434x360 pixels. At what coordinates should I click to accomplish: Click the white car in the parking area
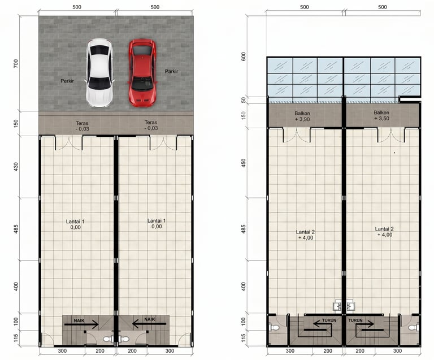pyautogui.click(x=99, y=73)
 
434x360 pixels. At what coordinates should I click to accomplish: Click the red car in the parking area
pyautogui.click(x=142, y=73)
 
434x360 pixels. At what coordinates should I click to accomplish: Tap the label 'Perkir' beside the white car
pyautogui.click(x=67, y=81)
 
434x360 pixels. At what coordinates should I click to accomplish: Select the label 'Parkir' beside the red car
pyautogui.click(x=171, y=71)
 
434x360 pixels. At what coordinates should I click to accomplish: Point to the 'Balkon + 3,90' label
pyautogui.click(x=302, y=116)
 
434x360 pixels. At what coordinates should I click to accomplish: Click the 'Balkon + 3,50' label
pyautogui.click(x=381, y=115)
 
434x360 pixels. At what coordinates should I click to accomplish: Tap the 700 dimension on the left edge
pyautogui.click(x=16, y=63)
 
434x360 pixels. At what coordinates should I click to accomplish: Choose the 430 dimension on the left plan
pyautogui.click(x=16, y=167)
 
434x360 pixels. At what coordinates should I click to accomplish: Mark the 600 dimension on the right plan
pyautogui.click(x=244, y=57)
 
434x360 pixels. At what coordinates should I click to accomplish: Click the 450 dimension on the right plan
pyautogui.click(x=244, y=163)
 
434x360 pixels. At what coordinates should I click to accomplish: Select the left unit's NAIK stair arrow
pyautogui.click(x=81, y=324)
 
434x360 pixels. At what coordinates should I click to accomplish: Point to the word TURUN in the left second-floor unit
pyautogui.click(x=329, y=320)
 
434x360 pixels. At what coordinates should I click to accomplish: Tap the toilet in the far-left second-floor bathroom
pyautogui.click(x=275, y=328)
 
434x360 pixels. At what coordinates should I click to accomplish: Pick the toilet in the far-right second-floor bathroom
pyautogui.click(x=413, y=328)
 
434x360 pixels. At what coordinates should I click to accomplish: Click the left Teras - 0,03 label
pyautogui.click(x=82, y=126)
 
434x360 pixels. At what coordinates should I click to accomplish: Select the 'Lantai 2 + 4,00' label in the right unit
pyautogui.click(x=384, y=232)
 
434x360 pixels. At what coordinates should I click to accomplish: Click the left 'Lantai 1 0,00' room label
pyautogui.click(x=75, y=224)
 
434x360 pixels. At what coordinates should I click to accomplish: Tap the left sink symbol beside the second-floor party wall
pyautogui.click(x=338, y=306)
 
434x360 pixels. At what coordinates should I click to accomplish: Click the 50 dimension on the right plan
pyautogui.click(x=244, y=100)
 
